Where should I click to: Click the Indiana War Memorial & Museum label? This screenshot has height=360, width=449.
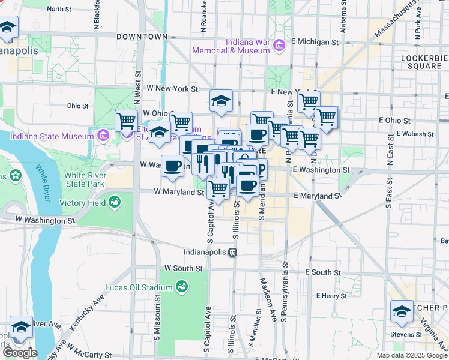[231, 46]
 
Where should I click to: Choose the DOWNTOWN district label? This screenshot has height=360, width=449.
[142, 37]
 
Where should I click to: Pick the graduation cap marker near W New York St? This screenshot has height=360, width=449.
[221, 101]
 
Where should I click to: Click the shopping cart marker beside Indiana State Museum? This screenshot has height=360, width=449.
[126, 121]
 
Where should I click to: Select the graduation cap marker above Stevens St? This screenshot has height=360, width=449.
[402, 311]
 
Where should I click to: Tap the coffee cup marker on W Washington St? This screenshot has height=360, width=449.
[173, 166]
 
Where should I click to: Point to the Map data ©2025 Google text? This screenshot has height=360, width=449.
[411, 355]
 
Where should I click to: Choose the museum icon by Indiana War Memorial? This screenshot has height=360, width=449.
[279, 46]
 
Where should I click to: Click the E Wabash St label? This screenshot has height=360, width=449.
[415, 134]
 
